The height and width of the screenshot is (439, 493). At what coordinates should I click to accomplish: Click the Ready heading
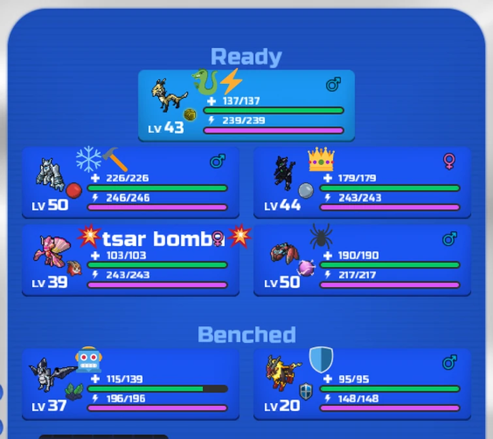(246, 57)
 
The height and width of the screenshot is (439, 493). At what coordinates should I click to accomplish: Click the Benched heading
(247, 334)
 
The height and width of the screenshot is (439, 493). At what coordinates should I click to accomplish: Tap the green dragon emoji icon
(205, 82)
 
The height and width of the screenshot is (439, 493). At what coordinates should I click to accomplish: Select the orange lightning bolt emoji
(231, 82)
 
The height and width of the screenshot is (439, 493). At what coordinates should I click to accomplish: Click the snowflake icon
(89, 159)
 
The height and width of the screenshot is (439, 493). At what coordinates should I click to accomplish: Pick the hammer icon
(115, 159)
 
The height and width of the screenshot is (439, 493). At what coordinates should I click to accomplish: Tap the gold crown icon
(321, 159)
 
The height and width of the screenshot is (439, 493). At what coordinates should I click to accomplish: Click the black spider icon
(321, 235)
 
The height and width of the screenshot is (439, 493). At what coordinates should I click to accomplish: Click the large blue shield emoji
(321, 359)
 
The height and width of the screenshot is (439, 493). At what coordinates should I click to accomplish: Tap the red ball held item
(74, 190)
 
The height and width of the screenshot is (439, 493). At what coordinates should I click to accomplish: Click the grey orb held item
(306, 190)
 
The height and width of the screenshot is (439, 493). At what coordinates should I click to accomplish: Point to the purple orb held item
(306, 268)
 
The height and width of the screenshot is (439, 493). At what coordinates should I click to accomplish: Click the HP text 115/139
(125, 379)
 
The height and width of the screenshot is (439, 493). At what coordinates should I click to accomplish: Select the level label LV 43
(166, 127)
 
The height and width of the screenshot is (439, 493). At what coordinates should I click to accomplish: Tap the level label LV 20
(282, 406)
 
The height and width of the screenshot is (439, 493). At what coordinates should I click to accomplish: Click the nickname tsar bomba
(163, 239)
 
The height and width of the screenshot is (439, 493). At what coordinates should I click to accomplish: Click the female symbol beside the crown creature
(449, 161)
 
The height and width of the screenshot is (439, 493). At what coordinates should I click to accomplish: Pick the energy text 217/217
(357, 275)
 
